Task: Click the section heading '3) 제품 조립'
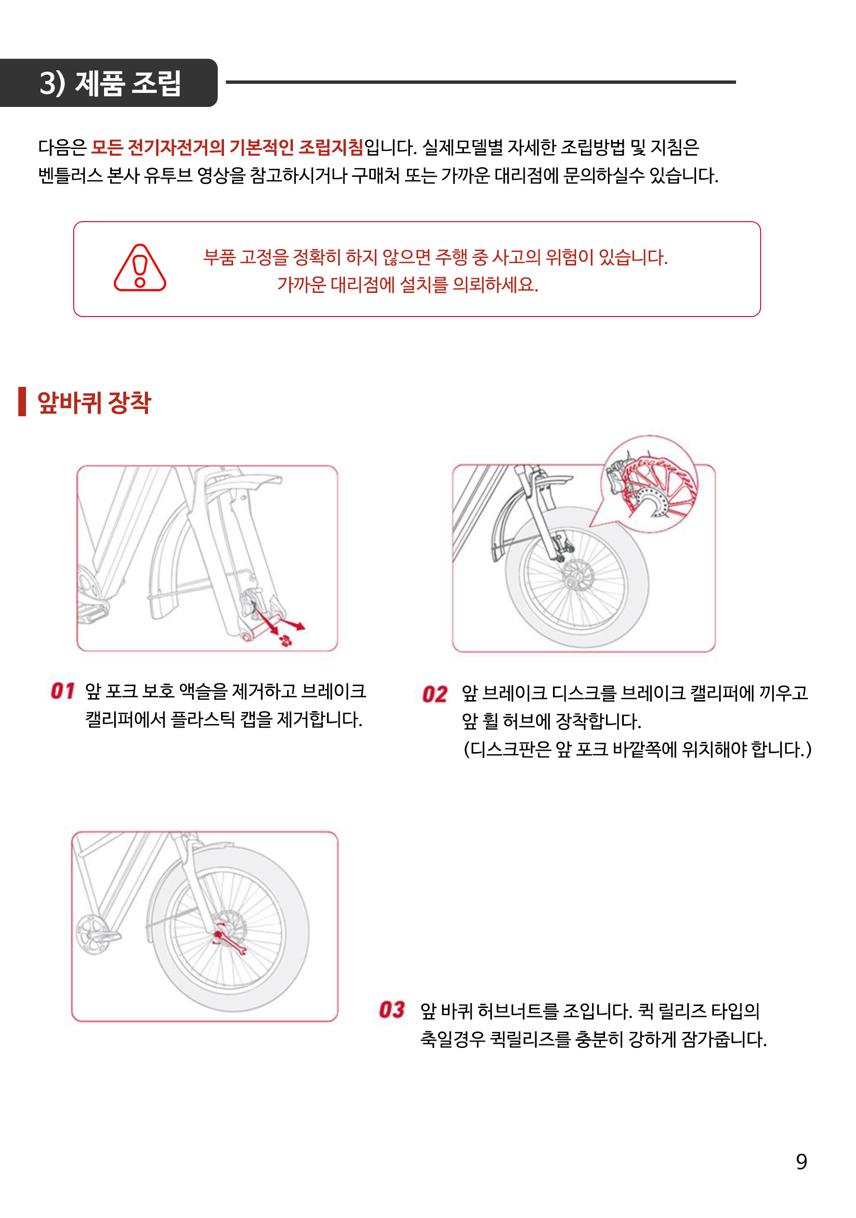110,83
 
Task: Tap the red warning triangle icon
140,268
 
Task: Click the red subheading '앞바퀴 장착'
94,403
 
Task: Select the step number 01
62,691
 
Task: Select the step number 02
435,694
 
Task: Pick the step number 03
392,1009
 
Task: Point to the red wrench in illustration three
230,942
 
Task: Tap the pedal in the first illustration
93,613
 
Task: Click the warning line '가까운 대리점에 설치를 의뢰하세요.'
408,285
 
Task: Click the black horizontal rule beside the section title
480,82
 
